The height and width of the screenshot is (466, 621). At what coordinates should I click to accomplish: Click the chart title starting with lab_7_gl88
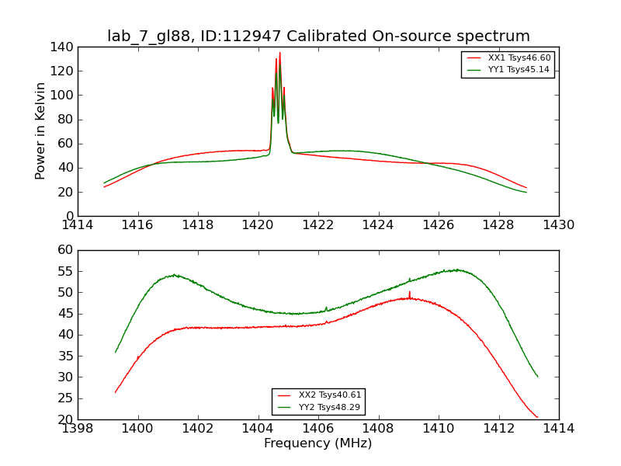point(318,37)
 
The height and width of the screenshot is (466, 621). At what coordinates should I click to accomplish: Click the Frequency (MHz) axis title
point(318,443)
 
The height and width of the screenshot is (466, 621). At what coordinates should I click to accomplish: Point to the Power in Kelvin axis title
point(41,131)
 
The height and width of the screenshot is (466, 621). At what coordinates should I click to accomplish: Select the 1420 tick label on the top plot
point(258,225)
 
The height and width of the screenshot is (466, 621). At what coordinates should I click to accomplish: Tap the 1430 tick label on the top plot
point(558,225)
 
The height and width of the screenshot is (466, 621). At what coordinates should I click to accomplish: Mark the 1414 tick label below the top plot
point(78,225)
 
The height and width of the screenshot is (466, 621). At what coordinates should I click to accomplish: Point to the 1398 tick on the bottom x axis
point(78,429)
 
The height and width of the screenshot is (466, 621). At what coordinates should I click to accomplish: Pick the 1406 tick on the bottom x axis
point(318,429)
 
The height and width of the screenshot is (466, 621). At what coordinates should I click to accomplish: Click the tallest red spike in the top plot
point(279,54)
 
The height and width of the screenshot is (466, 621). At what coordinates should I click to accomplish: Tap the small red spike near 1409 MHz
point(410,292)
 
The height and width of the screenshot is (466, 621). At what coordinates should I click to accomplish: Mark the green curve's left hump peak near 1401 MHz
point(175,274)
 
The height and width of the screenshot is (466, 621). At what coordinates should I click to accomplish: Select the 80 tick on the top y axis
point(66,120)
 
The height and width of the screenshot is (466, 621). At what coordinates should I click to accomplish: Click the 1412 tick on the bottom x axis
point(498,429)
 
